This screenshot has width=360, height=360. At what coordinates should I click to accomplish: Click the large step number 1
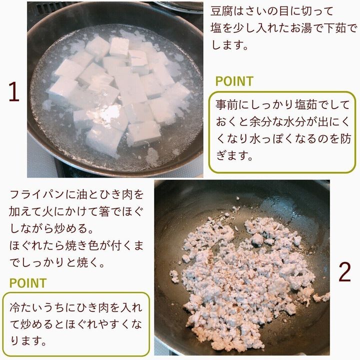point(14,91)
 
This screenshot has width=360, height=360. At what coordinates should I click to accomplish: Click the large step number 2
point(344,272)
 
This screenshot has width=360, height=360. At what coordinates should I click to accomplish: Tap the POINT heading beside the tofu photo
point(234,81)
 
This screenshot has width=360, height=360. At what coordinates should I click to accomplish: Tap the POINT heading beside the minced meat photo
point(28,283)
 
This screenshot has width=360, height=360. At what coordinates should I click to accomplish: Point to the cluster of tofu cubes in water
point(119,92)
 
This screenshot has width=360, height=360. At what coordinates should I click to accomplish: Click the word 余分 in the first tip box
point(260,121)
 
